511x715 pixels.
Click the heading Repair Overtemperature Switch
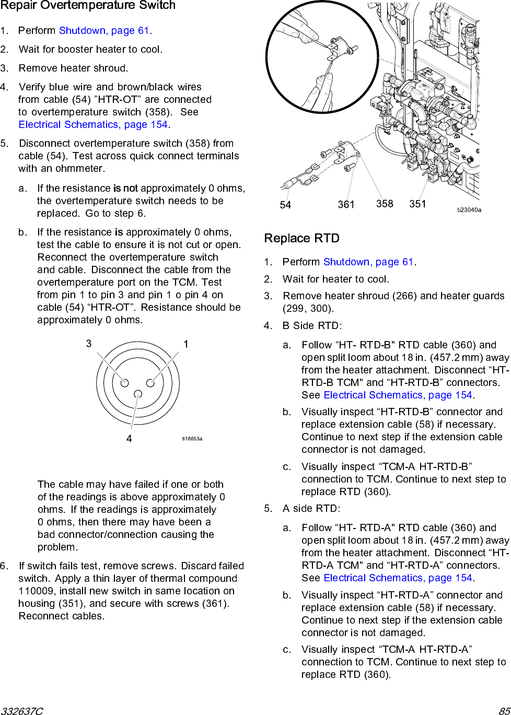tap(88, 6)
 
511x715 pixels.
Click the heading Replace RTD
tap(301, 239)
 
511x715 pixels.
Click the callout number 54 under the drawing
tap(285, 205)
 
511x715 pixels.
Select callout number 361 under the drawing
tap(346, 205)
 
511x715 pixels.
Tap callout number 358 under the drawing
tap(385, 204)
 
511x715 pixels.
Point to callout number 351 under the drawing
tap(417, 204)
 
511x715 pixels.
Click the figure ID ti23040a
tap(469, 210)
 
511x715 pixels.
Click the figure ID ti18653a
tap(192, 439)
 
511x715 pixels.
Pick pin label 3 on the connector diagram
tap(89, 344)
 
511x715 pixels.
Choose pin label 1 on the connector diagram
tap(185, 344)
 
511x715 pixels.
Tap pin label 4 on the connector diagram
tap(129, 439)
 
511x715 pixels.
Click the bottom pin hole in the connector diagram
tap(137, 394)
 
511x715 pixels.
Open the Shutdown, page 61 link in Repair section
tap(104, 31)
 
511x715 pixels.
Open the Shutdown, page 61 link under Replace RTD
tap(368, 262)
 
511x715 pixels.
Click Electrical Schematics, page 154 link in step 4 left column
tap(93, 125)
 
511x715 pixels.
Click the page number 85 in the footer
tap(504, 711)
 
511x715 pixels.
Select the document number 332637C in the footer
tap(22, 711)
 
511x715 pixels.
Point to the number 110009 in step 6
tap(37, 591)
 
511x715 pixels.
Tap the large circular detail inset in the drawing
tap(322, 57)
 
